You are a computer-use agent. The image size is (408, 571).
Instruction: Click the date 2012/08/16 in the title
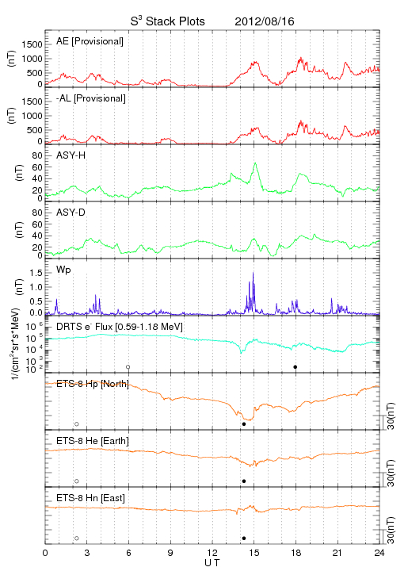pos(265,21)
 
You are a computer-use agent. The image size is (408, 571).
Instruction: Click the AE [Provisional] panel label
pos(90,41)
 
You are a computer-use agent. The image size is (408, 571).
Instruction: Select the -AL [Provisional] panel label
pos(91,98)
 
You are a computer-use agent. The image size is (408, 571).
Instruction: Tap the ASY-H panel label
pos(71,155)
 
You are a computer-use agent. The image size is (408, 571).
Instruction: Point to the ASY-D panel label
pos(71,213)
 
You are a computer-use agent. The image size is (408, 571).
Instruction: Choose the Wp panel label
pos(63,270)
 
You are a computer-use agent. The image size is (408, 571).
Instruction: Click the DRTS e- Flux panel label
pos(120,327)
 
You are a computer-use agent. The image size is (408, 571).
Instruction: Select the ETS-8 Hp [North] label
pos(93,384)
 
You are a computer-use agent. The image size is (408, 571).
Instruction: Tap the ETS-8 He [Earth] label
pos(93,441)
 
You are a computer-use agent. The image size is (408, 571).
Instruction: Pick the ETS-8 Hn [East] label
pos(90,498)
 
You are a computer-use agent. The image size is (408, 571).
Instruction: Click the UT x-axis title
pos(212,563)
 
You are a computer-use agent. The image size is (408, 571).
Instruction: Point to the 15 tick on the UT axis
pos(254,553)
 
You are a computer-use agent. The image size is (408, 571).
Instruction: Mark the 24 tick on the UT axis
pos(379,553)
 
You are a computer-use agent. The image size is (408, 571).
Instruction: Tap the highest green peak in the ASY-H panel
pos(255,164)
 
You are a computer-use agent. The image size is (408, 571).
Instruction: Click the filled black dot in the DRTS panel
pos(296,367)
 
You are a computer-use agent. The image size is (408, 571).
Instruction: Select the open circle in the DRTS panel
pos(128,367)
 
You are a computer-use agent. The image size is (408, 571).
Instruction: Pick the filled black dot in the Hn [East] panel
pos(244,538)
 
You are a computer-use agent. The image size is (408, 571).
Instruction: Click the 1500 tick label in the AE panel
pos(32,44)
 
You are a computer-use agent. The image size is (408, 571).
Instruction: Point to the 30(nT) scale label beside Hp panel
pos(391,416)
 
